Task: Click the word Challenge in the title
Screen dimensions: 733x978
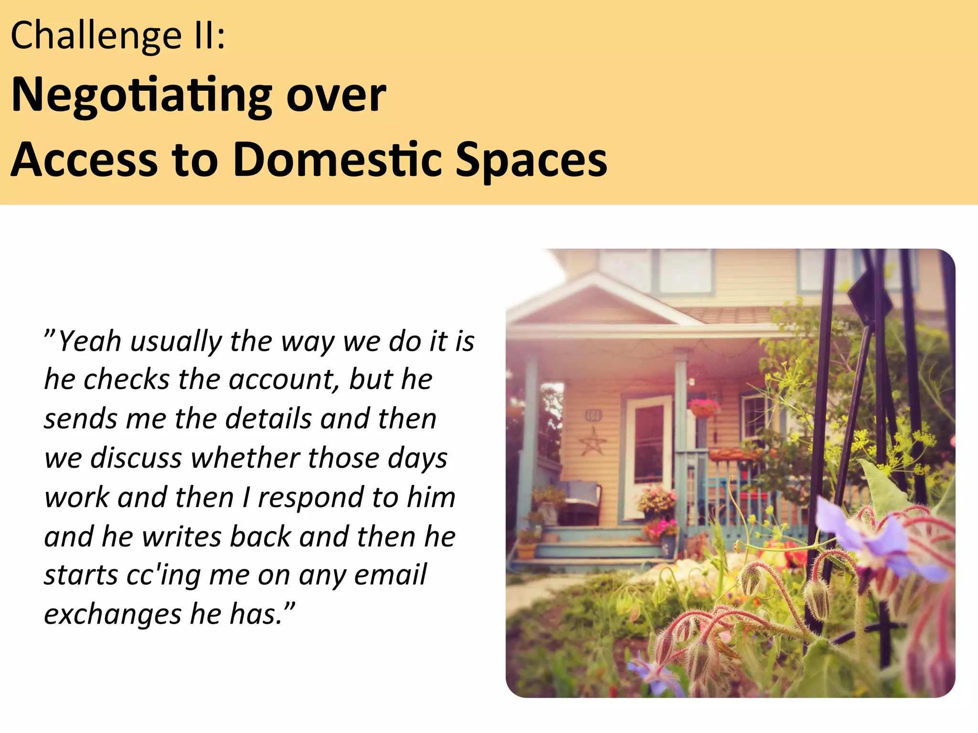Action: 96,36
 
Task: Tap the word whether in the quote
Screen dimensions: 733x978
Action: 244,458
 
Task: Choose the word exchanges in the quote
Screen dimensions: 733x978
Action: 112,615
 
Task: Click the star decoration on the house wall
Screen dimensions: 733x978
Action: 593,441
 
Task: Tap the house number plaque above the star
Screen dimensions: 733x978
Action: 593,416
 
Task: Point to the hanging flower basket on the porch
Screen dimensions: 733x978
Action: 703,408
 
